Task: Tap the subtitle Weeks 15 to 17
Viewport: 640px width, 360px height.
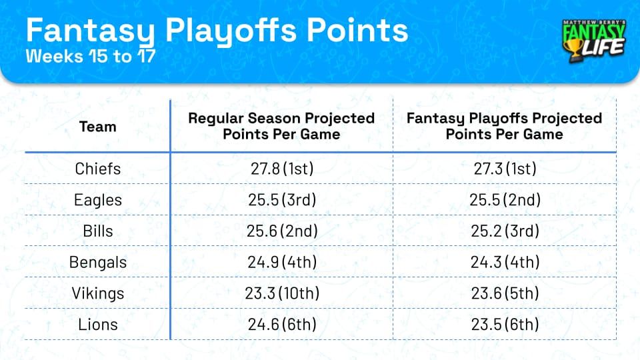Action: (91, 57)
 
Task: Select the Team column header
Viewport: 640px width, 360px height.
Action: (97, 127)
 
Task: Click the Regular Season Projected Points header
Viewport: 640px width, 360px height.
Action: (281, 126)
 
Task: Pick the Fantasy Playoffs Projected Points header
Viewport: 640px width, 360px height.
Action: (504, 126)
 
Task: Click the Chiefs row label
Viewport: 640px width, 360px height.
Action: (97, 169)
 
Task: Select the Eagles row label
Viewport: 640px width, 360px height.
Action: (97, 199)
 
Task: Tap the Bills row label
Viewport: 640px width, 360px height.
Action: (97, 231)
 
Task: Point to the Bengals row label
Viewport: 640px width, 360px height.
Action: (97, 262)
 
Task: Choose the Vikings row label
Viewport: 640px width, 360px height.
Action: (97, 293)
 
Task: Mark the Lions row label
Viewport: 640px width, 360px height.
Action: (97, 325)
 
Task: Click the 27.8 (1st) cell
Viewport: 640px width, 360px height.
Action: (281, 169)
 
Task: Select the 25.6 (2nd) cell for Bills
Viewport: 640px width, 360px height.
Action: (281, 231)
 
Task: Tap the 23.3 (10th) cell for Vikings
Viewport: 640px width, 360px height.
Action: (281, 293)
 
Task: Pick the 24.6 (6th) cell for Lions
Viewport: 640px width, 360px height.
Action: (281, 325)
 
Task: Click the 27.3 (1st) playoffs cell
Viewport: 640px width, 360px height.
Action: (504, 169)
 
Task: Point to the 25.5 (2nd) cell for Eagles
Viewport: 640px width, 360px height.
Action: (504, 199)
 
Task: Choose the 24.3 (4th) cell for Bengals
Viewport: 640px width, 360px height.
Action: (504, 262)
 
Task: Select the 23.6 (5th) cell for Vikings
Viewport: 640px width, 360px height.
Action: (504, 293)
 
